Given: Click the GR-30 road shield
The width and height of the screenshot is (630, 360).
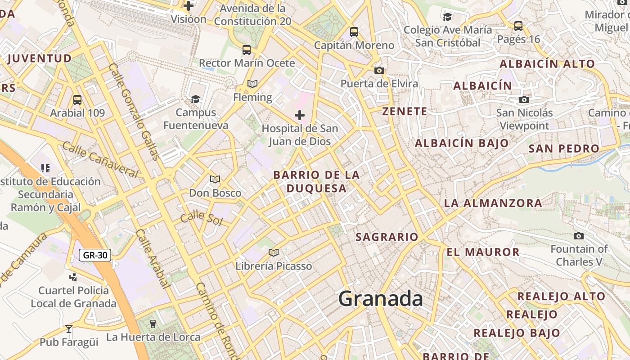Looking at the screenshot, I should (95, 255).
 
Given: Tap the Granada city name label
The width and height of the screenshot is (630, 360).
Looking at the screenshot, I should (380, 298).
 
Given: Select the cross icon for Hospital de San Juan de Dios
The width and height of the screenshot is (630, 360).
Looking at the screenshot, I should (300, 115).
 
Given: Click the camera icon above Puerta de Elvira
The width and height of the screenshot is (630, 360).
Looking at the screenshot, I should (379, 70).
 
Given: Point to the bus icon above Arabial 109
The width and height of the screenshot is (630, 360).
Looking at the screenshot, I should (77, 99).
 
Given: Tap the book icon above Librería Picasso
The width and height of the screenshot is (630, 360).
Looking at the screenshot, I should (274, 252).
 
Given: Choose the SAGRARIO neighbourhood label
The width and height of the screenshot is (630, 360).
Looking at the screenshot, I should (387, 237).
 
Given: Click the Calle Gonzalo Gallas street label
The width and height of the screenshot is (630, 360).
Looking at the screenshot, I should (134, 112).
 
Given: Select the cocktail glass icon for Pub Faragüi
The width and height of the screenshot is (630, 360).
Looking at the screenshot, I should (69, 329).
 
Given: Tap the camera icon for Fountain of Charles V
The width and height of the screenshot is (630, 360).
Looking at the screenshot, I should (579, 236).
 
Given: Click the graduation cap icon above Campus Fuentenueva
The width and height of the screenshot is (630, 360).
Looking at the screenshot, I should (195, 99).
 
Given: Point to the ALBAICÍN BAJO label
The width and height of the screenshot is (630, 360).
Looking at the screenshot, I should (462, 144).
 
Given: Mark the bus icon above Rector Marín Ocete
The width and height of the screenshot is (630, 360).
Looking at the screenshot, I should (247, 50).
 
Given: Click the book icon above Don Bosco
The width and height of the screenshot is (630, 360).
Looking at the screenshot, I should (215, 180).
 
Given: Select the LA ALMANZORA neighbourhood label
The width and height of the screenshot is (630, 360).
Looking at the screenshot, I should (493, 203).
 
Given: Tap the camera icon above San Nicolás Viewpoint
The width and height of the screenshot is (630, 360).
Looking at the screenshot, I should (524, 99).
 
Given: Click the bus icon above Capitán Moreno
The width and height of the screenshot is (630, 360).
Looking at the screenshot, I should (354, 32).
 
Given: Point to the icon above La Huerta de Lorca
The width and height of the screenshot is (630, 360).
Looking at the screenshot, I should (153, 324).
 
